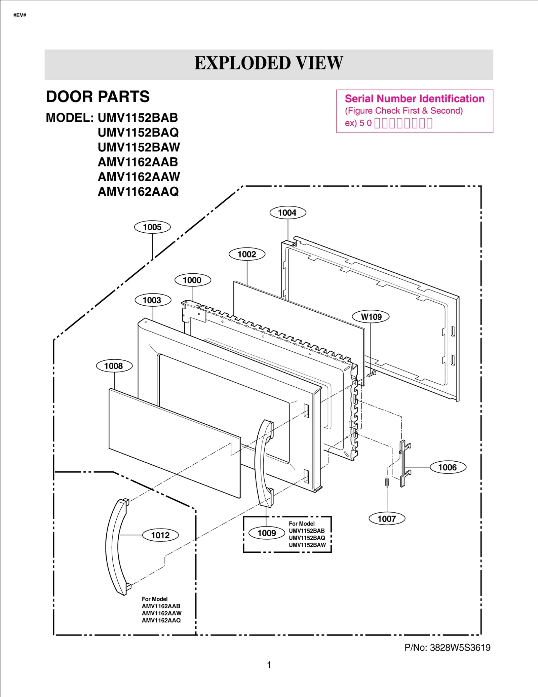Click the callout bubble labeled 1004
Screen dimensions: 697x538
point(287,213)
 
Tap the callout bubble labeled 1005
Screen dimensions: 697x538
point(152,227)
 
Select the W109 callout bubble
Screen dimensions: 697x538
point(371,317)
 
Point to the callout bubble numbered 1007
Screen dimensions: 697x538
point(387,519)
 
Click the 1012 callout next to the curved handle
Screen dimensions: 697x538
point(160,535)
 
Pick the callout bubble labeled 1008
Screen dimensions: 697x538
point(114,366)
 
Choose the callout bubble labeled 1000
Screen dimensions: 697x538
point(192,280)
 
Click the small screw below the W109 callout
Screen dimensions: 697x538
point(372,374)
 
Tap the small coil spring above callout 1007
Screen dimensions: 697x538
point(387,482)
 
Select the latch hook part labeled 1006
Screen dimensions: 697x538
point(403,464)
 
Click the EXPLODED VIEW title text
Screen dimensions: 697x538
point(269,63)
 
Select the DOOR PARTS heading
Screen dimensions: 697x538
point(98,97)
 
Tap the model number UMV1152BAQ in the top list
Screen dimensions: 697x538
point(138,132)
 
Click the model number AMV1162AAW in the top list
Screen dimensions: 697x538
point(139,177)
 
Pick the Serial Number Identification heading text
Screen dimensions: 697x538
point(415,99)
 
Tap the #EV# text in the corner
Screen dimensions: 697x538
point(20,15)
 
